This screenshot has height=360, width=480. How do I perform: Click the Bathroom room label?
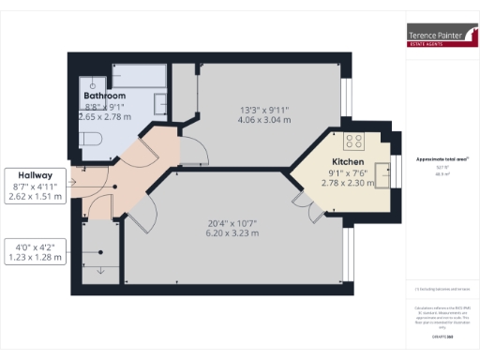point(104,96)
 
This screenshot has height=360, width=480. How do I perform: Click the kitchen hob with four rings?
point(354,142)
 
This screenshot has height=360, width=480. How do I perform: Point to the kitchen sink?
point(381,170)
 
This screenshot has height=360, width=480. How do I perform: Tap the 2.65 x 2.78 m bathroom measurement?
point(105,117)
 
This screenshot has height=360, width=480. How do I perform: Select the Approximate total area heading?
point(435,159)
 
